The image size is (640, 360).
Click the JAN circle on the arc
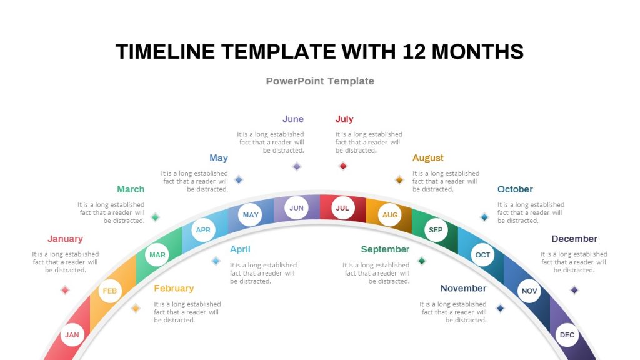pyautogui.click(x=72, y=335)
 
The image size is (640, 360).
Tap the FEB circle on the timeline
pyautogui.click(x=109, y=291)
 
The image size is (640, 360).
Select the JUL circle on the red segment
pyautogui.click(x=342, y=208)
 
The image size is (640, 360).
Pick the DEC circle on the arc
pyautogui.click(x=567, y=335)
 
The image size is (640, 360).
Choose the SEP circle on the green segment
pyautogui.click(x=436, y=230)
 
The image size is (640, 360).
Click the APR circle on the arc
pyautogui.click(x=203, y=230)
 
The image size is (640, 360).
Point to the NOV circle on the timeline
pyautogui.click(x=529, y=291)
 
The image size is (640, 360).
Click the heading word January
pyautogui.click(x=65, y=239)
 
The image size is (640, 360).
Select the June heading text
pyautogui.click(x=292, y=119)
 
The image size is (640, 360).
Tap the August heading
pyautogui.click(x=428, y=158)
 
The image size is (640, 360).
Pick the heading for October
pyautogui.click(x=515, y=189)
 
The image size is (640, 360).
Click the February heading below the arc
pyautogui.click(x=174, y=288)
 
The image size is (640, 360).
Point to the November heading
pyautogui.click(x=463, y=288)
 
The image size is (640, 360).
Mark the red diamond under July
pyautogui.click(x=342, y=166)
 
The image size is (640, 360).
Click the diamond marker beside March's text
pyautogui.click(x=155, y=217)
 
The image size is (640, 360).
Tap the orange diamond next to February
pyautogui.click(x=136, y=308)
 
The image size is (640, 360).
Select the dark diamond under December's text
pyautogui.click(x=574, y=290)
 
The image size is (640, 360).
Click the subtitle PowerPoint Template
pyautogui.click(x=320, y=81)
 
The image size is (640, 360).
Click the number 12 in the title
pyautogui.click(x=409, y=52)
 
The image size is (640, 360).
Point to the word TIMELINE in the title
pyautogui.click(x=166, y=52)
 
